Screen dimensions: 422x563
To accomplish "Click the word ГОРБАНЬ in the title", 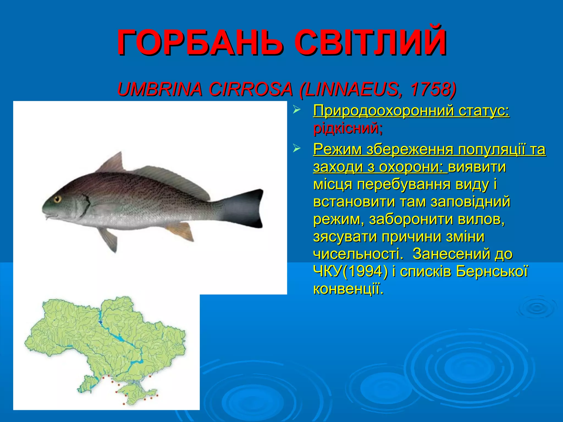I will (x=200, y=43).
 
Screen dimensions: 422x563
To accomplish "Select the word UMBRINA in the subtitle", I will (x=160, y=89).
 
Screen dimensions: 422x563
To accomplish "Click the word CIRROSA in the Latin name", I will (x=250, y=89).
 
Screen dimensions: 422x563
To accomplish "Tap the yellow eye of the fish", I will (x=57, y=199).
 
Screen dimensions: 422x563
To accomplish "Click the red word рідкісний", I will (x=348, y=128).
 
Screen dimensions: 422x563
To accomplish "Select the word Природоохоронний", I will (x=383, y=111).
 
